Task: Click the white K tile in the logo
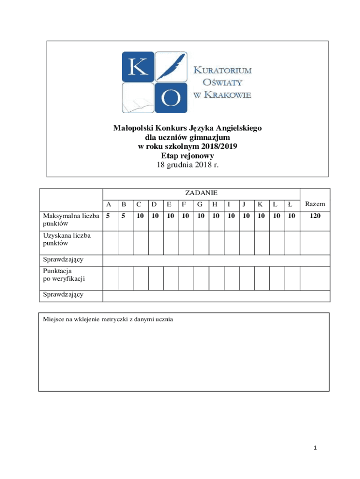[138, 67]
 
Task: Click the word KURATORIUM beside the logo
[223, 71]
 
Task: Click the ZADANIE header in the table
[201, 193]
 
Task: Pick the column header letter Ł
[290, 204]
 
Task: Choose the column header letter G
[200, 204]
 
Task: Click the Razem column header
[315, 204]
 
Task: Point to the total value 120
[315, 217]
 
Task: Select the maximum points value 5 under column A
[108, 217]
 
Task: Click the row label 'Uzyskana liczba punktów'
[67, 239]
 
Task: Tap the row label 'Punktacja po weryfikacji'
[65, 275]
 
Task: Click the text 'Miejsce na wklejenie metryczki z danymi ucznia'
[108, 319]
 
